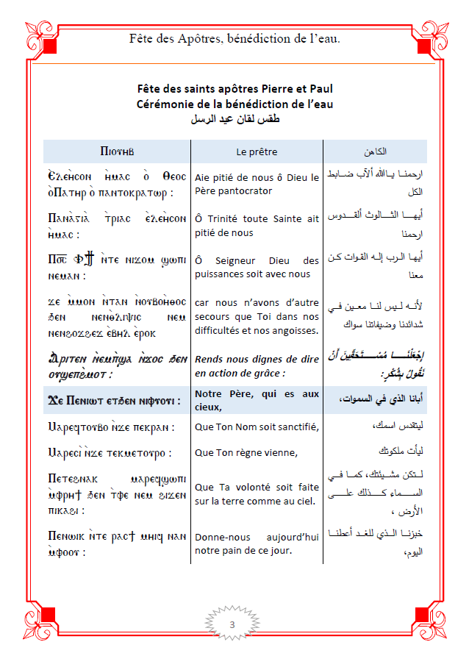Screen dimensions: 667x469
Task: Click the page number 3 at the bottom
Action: click(x=232, y=625)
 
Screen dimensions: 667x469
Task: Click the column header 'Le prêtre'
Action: click(x=257, y=151)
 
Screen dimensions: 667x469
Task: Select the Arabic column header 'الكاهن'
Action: click(x=376, y=151)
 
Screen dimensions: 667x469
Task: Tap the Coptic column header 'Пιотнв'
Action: click(x=116, y=151)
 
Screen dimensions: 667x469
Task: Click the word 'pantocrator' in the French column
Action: click(x=233, y=191)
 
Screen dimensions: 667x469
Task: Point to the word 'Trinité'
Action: click(x=229, y=218)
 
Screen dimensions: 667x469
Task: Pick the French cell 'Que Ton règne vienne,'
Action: click(x=246, y=452)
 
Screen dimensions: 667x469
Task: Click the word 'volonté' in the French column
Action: click(x=257, y=487)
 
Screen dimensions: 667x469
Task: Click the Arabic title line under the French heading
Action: click(x=234, y=118)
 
